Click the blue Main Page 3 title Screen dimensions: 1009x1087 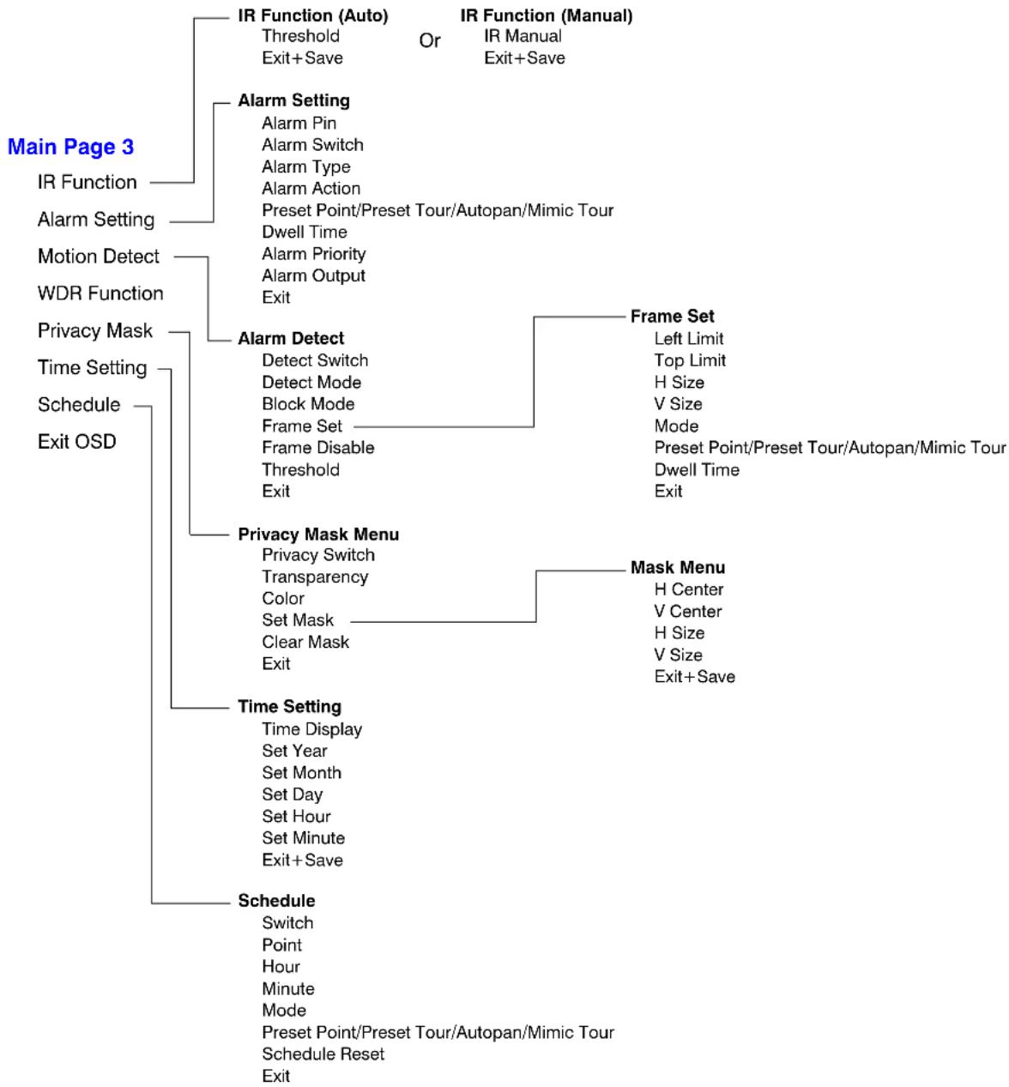[x=70, y=147]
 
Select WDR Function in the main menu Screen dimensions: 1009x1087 [x=100, y=293]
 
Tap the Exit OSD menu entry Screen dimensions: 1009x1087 [x=77, y=442]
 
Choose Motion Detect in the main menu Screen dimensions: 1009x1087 [x=99, y=257]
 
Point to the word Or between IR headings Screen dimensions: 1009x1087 [x=430, y=40]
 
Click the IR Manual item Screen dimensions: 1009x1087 [x=523, y=36]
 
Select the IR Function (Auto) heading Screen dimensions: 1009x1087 [x=313, y=15]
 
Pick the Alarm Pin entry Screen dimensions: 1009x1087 [x=299, y=124]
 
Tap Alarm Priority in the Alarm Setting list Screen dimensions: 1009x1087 [x=314, y=254]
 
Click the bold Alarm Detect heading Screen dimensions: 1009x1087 [x=291, y=338]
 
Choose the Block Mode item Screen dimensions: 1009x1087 [x=308, y=404]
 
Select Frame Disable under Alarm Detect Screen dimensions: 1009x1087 [x=318, y=448]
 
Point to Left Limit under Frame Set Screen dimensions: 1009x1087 [x=689, y=338]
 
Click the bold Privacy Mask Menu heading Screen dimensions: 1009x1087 [x=318, y=534]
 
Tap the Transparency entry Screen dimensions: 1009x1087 [x=315, y=577]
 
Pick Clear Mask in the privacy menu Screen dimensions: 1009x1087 [x=305, y=642]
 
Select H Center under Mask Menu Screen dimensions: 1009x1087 [x=689, y=589]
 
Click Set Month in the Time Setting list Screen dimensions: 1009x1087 [x=302, y=773]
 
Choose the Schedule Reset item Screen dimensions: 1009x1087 [x=323, y=1054]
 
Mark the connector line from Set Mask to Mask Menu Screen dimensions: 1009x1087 [x=536, y=596]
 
